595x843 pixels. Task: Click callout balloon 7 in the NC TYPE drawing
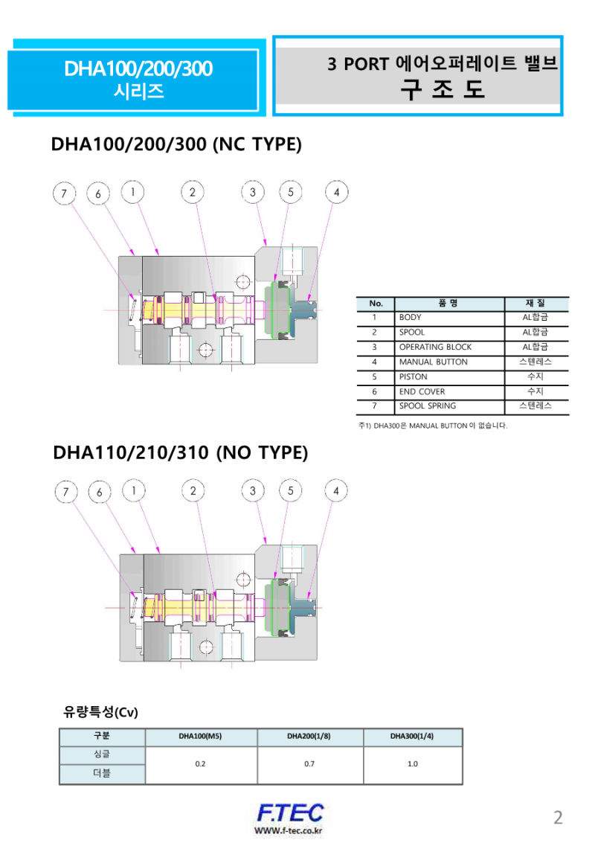click(x=65, y=194)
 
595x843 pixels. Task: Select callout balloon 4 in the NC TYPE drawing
click(x=337, y=192)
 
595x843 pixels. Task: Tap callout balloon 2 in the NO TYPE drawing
click(x=193, y=490)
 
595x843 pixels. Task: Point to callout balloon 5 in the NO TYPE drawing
click(x=290, y=490)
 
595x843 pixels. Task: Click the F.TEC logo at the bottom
click(x=289, y=812)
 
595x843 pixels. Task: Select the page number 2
click(x=558, y=818)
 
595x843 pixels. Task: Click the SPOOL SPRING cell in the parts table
click(x=428, y=406)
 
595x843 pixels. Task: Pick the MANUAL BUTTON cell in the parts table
click(x=433, y=362)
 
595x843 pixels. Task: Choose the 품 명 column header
click(x=448, y=304)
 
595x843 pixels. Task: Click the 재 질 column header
click(x=535, y=304)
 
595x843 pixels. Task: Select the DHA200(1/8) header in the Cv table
click(x=309, y=737)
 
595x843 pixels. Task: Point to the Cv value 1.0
click(x=413, y=764)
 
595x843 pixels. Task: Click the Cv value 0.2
click(x=200, y=764)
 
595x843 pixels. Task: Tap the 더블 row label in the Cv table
click(x=102, y=774)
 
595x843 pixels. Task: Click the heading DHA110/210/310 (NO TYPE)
click(x=180, y=453)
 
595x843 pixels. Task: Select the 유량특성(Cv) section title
click(x=101, y=712)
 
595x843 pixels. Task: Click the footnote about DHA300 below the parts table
click(x=433, y=426)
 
